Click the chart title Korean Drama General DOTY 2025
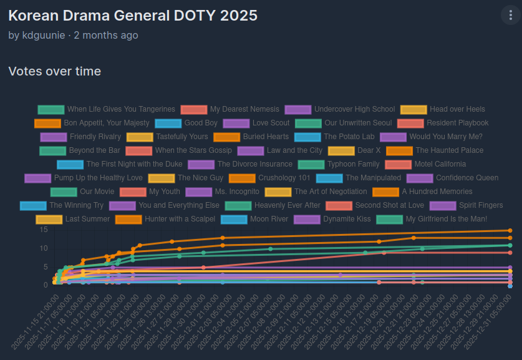(133, 16)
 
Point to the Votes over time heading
(55, 72)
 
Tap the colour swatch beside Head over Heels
(413, 109)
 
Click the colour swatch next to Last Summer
(49, 219)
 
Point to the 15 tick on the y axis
(44, 230)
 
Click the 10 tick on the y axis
(44, 248)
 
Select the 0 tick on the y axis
(45, 285)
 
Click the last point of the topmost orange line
(510, 230)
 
